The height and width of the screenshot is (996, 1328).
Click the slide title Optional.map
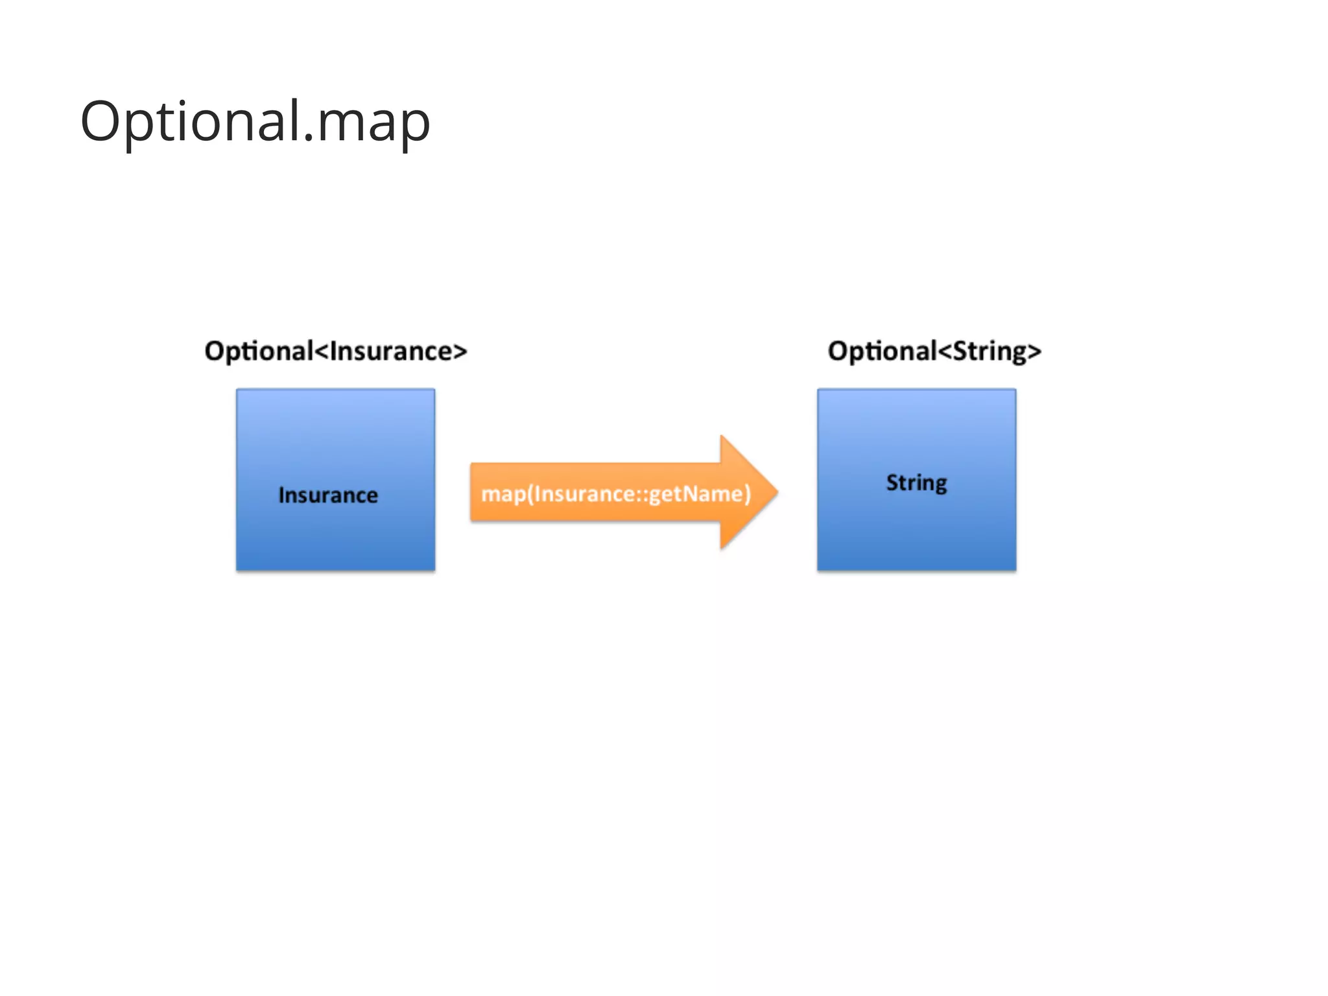[255, 121]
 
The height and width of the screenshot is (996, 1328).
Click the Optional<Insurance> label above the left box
[335, 351]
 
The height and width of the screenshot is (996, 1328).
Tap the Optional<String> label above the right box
[934, 351]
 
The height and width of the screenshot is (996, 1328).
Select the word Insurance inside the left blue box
[328, 495]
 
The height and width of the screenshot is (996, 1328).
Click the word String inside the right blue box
[916, 483]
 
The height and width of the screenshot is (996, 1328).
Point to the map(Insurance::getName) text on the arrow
[616, 494]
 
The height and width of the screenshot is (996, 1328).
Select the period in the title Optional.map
[309, 137]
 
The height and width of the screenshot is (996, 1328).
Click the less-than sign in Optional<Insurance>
[322, 351]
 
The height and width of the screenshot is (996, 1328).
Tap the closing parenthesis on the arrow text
[747, 494]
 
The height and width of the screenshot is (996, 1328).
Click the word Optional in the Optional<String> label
[882, 351]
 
